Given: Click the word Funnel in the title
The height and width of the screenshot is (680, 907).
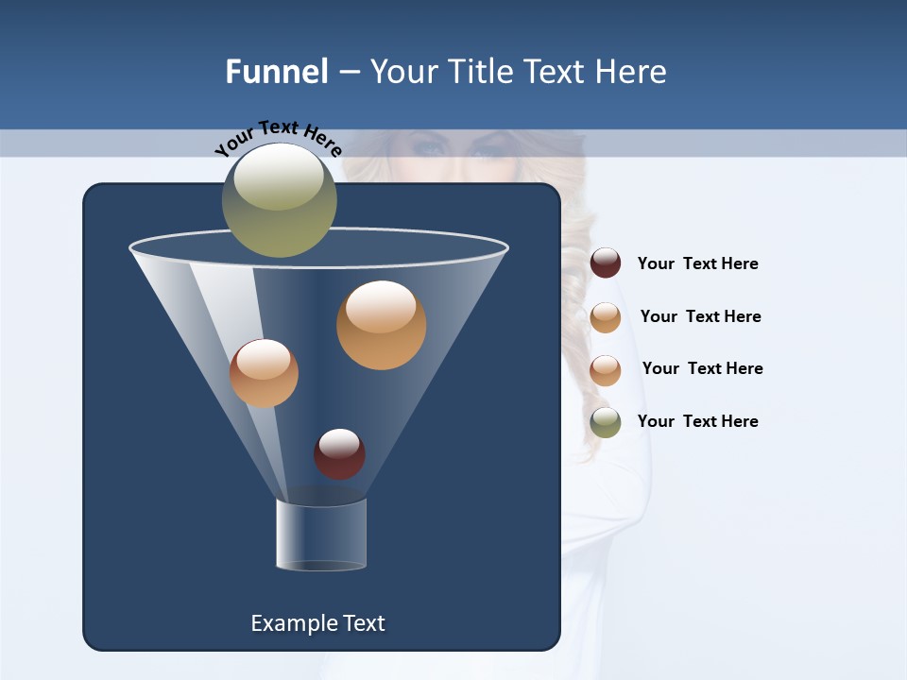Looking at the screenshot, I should pyautogui.click(x=276, y=72).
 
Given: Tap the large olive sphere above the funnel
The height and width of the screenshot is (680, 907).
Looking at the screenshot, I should pyautogui.click(x=280, y=200).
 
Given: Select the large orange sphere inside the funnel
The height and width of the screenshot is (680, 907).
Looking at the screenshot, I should pyautogui.click(x=381, y=325).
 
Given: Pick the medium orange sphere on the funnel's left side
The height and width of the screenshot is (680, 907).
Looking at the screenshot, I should pyautogui.click(x=264, y=373).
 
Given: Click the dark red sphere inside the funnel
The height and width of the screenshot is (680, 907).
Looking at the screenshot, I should pyautogui.click(x=339, y=453).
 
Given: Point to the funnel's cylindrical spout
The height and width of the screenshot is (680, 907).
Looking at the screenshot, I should pyautogui.click(x=321, y=535).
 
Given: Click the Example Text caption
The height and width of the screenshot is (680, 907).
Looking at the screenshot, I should pyautogui.click(x=317, y=623).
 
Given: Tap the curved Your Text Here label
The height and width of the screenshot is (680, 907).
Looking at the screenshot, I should pyautogui.click(x=278, y=138).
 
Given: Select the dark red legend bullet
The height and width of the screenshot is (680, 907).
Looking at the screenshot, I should pyautogui.click(x=606, y=263).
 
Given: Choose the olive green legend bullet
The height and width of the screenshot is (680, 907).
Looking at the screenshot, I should pyautogui.click(x=606, y=422).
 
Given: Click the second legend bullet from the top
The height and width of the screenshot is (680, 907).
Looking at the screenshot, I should pyautogui.click(x=606, y=317).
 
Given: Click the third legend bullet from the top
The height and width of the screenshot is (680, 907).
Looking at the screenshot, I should pyautogui.click(x=606, y=370).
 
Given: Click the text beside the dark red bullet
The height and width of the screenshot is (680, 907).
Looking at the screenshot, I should pyautogui.click(x=697, y=263).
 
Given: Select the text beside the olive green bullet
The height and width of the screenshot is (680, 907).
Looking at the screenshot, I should pyautogui.click(x=697, y=421).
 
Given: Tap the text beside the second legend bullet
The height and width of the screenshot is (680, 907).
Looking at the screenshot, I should pyautogui.click(x=700, y=316).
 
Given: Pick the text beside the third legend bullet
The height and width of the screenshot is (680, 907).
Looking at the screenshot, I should pyautogui.click(x=702, y=368).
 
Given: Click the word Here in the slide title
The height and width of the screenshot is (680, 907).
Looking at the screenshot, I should pyautogui.click(x=632, y=72).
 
